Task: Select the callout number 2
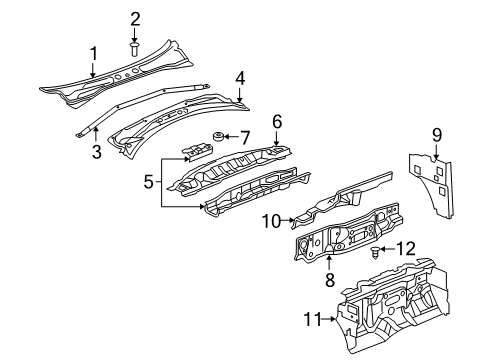pyautogui.click(x=135, y=18)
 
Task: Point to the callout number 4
pyautogui.click(x=240, y=76)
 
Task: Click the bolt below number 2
pyautogui.click(x=135, y=46)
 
